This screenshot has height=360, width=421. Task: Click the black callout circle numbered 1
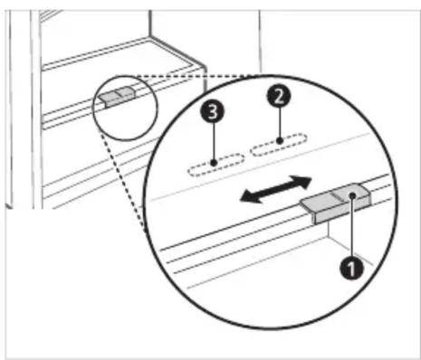point(351,268)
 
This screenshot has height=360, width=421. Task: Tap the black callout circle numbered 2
point(279,96)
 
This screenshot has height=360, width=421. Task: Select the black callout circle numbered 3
point(213,111)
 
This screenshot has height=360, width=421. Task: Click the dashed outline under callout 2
point(279,145)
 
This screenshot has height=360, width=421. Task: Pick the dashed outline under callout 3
point(216,165)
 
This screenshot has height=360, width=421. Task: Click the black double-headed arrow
point(275,189)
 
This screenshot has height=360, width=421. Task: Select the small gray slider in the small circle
point(117,96)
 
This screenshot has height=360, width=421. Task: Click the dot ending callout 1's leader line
point(352,195)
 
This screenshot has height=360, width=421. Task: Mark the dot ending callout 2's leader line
point(280,140)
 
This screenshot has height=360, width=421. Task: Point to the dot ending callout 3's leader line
point(214,163)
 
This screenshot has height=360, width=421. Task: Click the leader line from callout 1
point(352,227)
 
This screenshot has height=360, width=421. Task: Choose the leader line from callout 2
point(280,124)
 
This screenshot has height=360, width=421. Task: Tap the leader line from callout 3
point(214,143)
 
